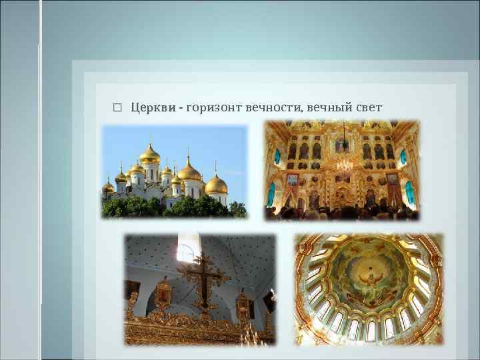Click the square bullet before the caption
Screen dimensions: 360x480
click(x=117, y=107)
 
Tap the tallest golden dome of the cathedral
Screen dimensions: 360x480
click(x=150, y=155)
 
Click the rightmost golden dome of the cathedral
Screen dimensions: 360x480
click(x=216, y=183)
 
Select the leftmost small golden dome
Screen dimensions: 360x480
click(x=108, y=187)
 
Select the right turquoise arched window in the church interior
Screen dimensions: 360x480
click(x=403, y=157)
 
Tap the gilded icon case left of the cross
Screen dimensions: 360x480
click(x=163, y=293)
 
